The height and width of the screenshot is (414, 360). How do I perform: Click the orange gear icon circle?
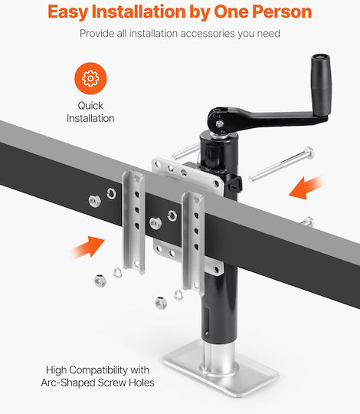pos(90,78)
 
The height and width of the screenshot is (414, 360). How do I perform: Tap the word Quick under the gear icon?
pos(90,106)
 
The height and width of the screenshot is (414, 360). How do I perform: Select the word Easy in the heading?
pos(67,12)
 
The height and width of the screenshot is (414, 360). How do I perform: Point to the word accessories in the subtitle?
pos(208,34)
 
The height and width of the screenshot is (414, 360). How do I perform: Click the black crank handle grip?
pos(321,84)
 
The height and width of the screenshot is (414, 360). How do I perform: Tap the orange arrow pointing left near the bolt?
pos(306,188)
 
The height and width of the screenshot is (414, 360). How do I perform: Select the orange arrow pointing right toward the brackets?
pos(88,247)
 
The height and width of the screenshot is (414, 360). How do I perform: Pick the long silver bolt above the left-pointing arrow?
pos(282,164)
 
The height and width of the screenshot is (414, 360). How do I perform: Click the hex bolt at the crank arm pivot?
pos(219,123)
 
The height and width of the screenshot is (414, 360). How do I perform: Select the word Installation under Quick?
pos(90,118)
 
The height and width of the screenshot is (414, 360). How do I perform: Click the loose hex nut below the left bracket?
pos(100,281)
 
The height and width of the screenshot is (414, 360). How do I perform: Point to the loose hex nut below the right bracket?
pos(161,303)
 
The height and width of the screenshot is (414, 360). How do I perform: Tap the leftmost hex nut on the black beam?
pos(95,201)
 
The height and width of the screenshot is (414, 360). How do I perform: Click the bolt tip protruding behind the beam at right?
pos(308,222)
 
